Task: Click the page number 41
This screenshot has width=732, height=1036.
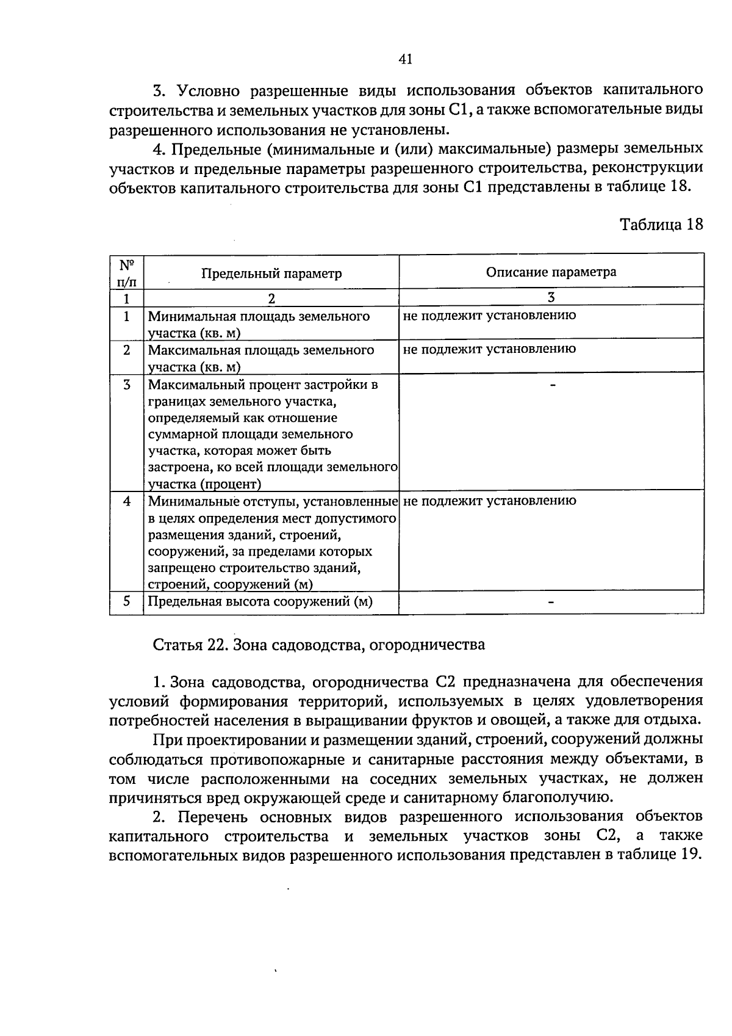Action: click(406, 59)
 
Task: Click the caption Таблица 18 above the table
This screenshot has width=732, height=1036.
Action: click(661, 224)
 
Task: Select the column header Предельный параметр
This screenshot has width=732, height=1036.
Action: click(271, 273)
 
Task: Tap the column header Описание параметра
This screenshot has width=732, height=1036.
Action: click(551, 272)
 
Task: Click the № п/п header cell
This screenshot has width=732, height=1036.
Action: click(126, 273)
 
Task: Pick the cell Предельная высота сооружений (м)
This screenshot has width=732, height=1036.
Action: click(260, 601)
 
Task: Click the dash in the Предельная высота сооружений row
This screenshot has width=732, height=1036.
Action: click(551, 602)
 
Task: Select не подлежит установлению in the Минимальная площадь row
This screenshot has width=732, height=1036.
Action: click(490, 316)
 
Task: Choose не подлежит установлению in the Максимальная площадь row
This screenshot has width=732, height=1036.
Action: click(490, 349)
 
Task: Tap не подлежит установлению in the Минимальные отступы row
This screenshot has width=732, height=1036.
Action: click(490, 501)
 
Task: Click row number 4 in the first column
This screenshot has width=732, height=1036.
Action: click(126, 501)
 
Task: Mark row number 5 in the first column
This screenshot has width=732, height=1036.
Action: click(126, 601)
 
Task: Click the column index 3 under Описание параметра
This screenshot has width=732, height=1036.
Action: click(551, 297)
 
